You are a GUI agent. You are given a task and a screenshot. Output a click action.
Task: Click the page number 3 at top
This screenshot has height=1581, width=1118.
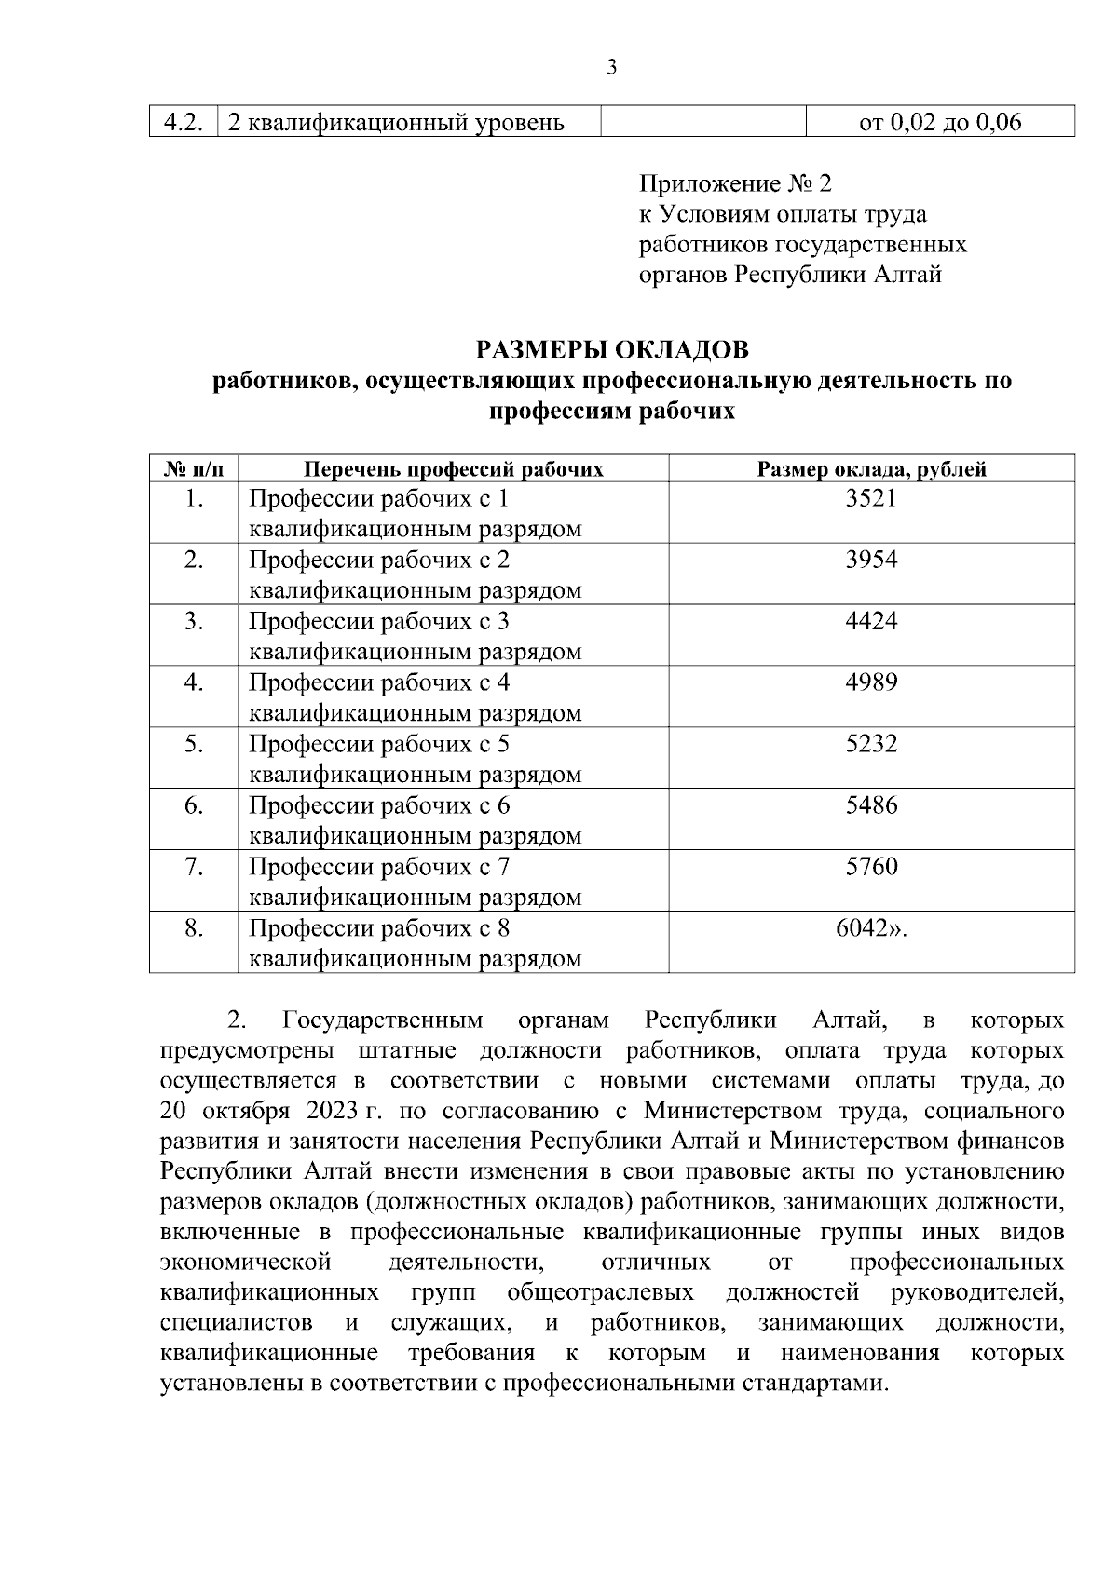[611, 67]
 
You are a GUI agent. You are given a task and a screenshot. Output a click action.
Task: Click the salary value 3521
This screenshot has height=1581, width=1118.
[871, 498]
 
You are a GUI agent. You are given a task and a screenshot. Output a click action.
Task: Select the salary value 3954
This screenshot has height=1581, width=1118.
[871, 560]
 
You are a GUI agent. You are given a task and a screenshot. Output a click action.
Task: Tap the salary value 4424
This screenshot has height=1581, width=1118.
[871, 621]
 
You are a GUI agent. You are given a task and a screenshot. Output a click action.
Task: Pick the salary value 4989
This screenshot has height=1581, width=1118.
[871, 682]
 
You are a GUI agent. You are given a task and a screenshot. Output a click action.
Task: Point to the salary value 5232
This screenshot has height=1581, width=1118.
[871, 744]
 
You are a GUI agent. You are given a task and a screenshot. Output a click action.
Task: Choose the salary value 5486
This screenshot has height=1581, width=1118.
[871, 805]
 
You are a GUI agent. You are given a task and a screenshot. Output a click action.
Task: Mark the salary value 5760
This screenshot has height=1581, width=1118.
[871, 867]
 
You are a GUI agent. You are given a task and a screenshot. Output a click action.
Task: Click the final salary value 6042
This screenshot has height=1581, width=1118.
[866, 928]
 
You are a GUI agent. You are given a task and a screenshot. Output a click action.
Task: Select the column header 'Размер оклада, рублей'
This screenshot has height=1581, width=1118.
[871, 469]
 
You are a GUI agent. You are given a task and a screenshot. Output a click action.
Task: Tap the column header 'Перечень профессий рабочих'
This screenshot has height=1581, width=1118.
[454, 469]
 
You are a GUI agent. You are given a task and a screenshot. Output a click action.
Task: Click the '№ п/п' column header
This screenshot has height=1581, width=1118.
[194, 469]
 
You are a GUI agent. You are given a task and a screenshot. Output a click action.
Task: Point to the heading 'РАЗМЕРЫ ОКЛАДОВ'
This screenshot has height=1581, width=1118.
[612, 351]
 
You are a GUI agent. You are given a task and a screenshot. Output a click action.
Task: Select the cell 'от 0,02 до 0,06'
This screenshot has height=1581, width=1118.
[940, 122]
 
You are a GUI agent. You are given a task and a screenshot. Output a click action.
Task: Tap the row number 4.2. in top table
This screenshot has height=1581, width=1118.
[184, 122]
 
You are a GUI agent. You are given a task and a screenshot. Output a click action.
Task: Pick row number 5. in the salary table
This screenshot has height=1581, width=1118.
[194, 744]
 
